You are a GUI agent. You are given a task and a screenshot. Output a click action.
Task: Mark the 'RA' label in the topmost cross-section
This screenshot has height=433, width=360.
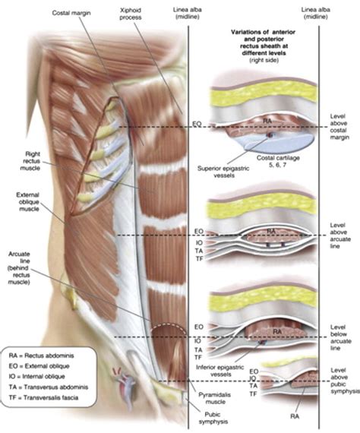coord(268,119)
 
